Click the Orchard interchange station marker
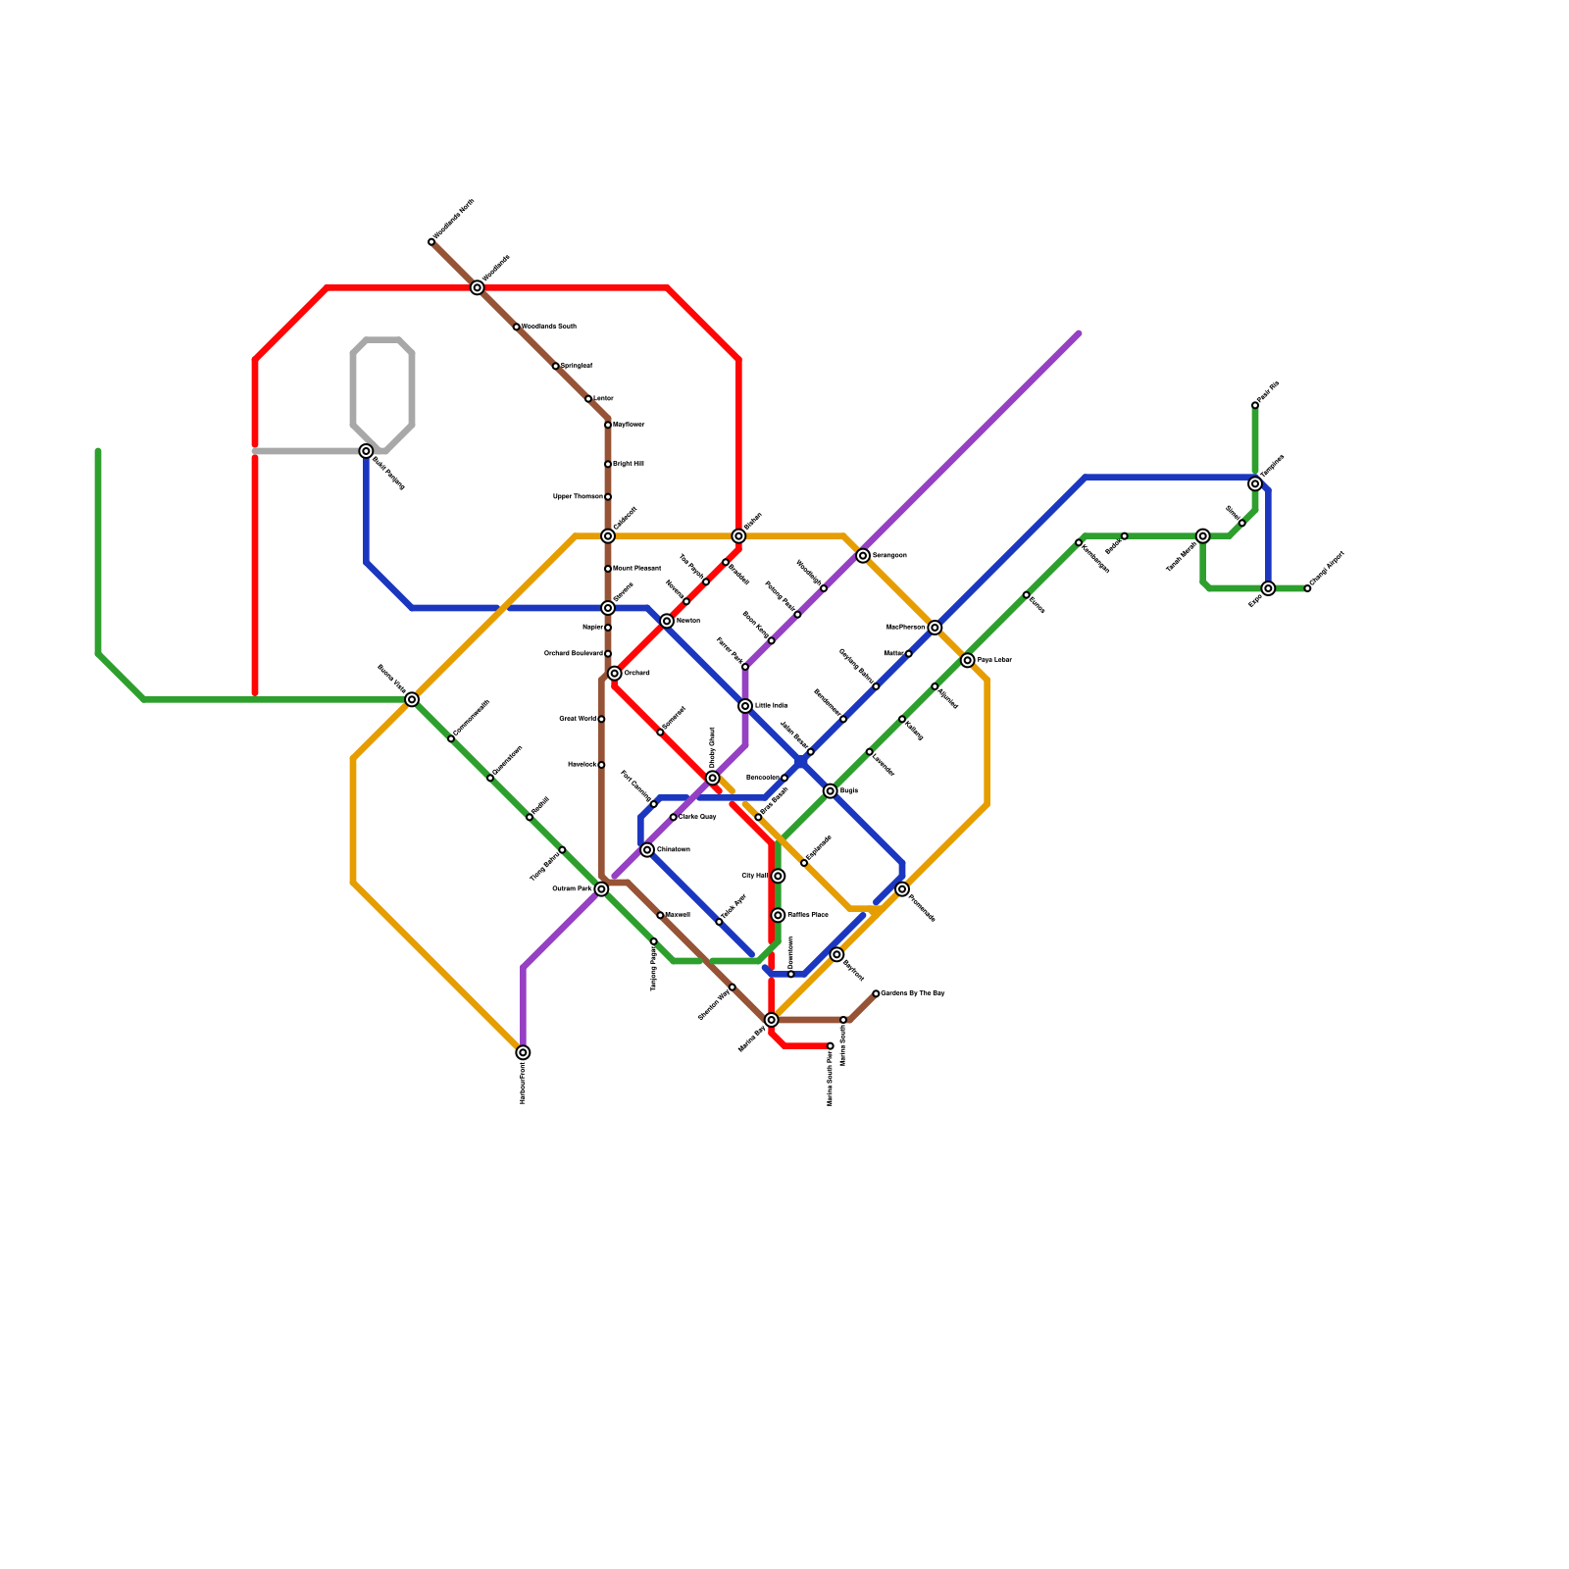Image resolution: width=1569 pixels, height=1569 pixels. [614, 674]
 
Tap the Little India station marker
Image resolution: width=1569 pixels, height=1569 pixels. [745, 706]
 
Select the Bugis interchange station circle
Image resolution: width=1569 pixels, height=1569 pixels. [831, 791]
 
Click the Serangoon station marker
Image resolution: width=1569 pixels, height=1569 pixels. [863, 556]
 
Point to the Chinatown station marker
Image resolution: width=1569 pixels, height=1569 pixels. [647, 850]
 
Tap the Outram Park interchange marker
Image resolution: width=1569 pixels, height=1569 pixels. [601, 889]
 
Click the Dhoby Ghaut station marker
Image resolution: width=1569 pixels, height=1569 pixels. [713, 778]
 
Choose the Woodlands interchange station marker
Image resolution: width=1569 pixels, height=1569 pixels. [478, 287]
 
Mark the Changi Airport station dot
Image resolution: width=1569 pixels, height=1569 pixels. [1307, 588]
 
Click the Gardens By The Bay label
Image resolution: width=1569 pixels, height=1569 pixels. [913, 993]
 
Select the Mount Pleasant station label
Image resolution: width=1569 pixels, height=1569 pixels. [637, 569]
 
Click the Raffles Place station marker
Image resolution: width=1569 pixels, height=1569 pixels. [778, 915]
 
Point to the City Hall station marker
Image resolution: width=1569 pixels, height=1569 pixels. [778, 876]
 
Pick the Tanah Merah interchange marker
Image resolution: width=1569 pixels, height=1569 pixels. [1203, 536]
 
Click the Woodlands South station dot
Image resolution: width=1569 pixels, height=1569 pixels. [517, 327]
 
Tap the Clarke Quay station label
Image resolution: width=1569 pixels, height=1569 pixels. [698, 817]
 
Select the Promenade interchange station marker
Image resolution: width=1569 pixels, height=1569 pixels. [902, 889]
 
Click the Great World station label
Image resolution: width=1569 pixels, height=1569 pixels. [578, 719]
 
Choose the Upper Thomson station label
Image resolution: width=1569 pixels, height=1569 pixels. [578, 497]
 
